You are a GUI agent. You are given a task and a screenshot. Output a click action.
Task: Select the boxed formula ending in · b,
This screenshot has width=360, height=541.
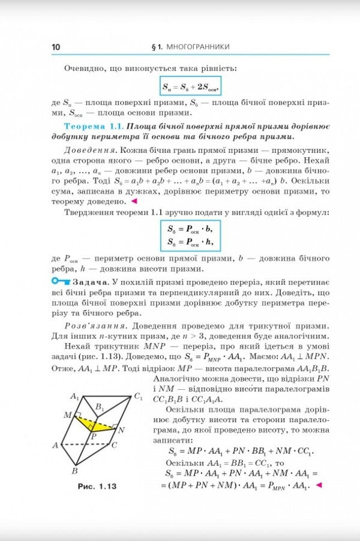coord(190,229)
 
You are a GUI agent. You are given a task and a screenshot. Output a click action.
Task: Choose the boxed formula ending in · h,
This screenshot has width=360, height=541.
coord(190,242)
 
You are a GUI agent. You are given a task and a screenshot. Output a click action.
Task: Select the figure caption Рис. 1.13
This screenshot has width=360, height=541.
coord(97,486)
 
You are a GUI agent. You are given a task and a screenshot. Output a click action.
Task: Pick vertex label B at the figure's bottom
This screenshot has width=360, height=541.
coord(74,471)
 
